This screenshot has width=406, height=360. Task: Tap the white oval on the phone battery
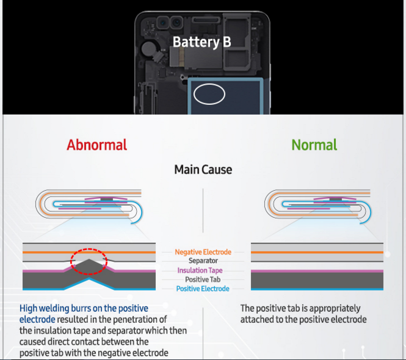coord(209,94)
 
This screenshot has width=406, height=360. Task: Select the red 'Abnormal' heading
coord(97,145)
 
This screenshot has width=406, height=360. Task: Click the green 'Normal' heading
coord(314,145)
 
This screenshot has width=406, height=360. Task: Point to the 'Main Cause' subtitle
coord(203,169)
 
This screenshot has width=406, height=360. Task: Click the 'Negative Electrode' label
coord(203,252)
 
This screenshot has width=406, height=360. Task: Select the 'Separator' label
coord(203,261)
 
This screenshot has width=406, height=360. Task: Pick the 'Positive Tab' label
coord(203,279)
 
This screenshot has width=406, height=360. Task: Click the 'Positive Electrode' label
coord(203,289)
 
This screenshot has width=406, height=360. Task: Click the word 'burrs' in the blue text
coord(80,308)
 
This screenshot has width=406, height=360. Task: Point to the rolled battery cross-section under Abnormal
coord(92,206)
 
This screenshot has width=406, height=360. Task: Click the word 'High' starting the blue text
coord(29,308)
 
